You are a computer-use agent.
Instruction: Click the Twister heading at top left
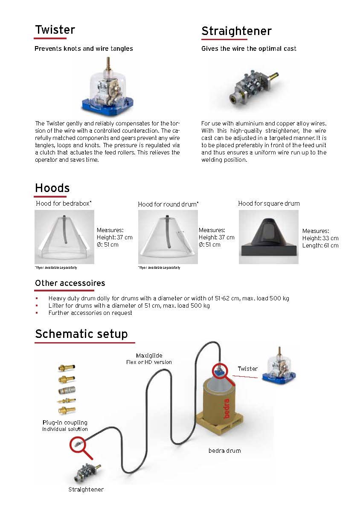tap(55, 30)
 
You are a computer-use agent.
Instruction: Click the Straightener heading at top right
tap(236, 31)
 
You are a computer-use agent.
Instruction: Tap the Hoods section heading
tap(52, 188)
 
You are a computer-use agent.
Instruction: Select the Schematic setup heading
tap(81, 334)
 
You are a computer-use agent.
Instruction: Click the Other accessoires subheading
tap(70, 283)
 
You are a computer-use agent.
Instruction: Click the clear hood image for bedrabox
tap(64, 237)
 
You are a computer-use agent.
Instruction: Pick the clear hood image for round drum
tap(167, 237)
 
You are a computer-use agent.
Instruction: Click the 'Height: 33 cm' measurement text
tap(320, 238)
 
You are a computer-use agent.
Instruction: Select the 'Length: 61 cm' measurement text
tap(320, 245)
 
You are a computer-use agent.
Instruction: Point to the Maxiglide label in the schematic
tap(149, 355)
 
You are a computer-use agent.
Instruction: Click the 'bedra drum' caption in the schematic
tap(224, 451)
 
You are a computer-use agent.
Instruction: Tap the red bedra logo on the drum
tap(226, 407)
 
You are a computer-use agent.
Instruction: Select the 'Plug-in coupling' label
tap(65, 422)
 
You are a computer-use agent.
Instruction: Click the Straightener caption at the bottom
tap(86, 489)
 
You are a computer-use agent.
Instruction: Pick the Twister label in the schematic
tap(247, 369)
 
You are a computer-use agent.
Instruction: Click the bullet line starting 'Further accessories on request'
tap(90, 313)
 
